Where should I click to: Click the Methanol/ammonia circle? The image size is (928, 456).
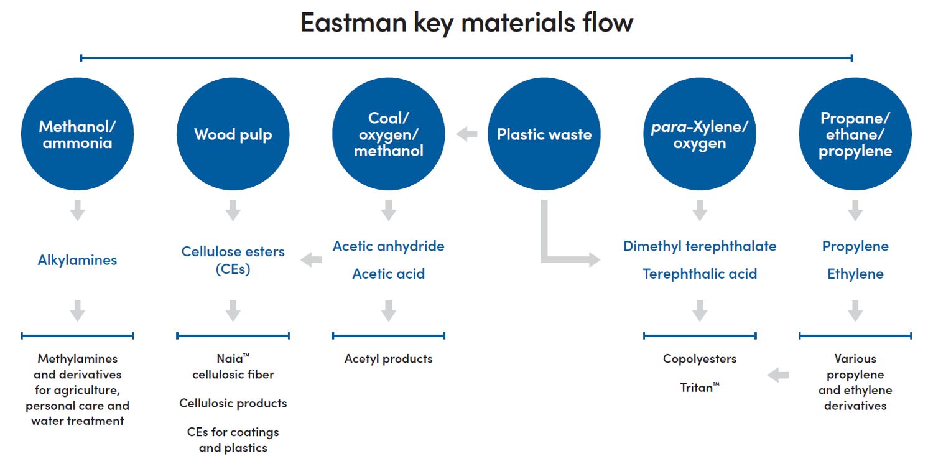tap(77, 134)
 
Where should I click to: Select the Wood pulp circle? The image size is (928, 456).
tap(233, 134)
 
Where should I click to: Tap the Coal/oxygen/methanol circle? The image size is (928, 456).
tap(389, 134)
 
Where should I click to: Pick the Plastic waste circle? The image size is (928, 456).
tap(544, 134)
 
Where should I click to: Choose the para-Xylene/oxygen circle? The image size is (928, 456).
tap(700, 134)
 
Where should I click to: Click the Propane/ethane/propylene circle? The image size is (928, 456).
tap(855, 134)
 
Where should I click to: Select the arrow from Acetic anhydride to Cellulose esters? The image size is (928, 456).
tap(311, 259)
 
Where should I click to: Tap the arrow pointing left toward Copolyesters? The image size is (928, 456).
tap(777, 375)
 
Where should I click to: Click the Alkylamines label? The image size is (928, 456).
tap(77, 260)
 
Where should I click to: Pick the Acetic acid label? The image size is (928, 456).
tap(389, 274)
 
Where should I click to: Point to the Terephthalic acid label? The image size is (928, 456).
tap(700, 274)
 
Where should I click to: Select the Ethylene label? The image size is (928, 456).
tap(855, 274)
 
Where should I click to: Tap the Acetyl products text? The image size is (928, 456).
tap(389, 359)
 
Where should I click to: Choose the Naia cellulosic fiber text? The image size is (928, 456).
tap(233, 366)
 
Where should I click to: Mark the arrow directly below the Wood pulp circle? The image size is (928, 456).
tap(233, 210)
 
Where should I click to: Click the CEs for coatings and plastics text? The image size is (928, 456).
tap(233, 440)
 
